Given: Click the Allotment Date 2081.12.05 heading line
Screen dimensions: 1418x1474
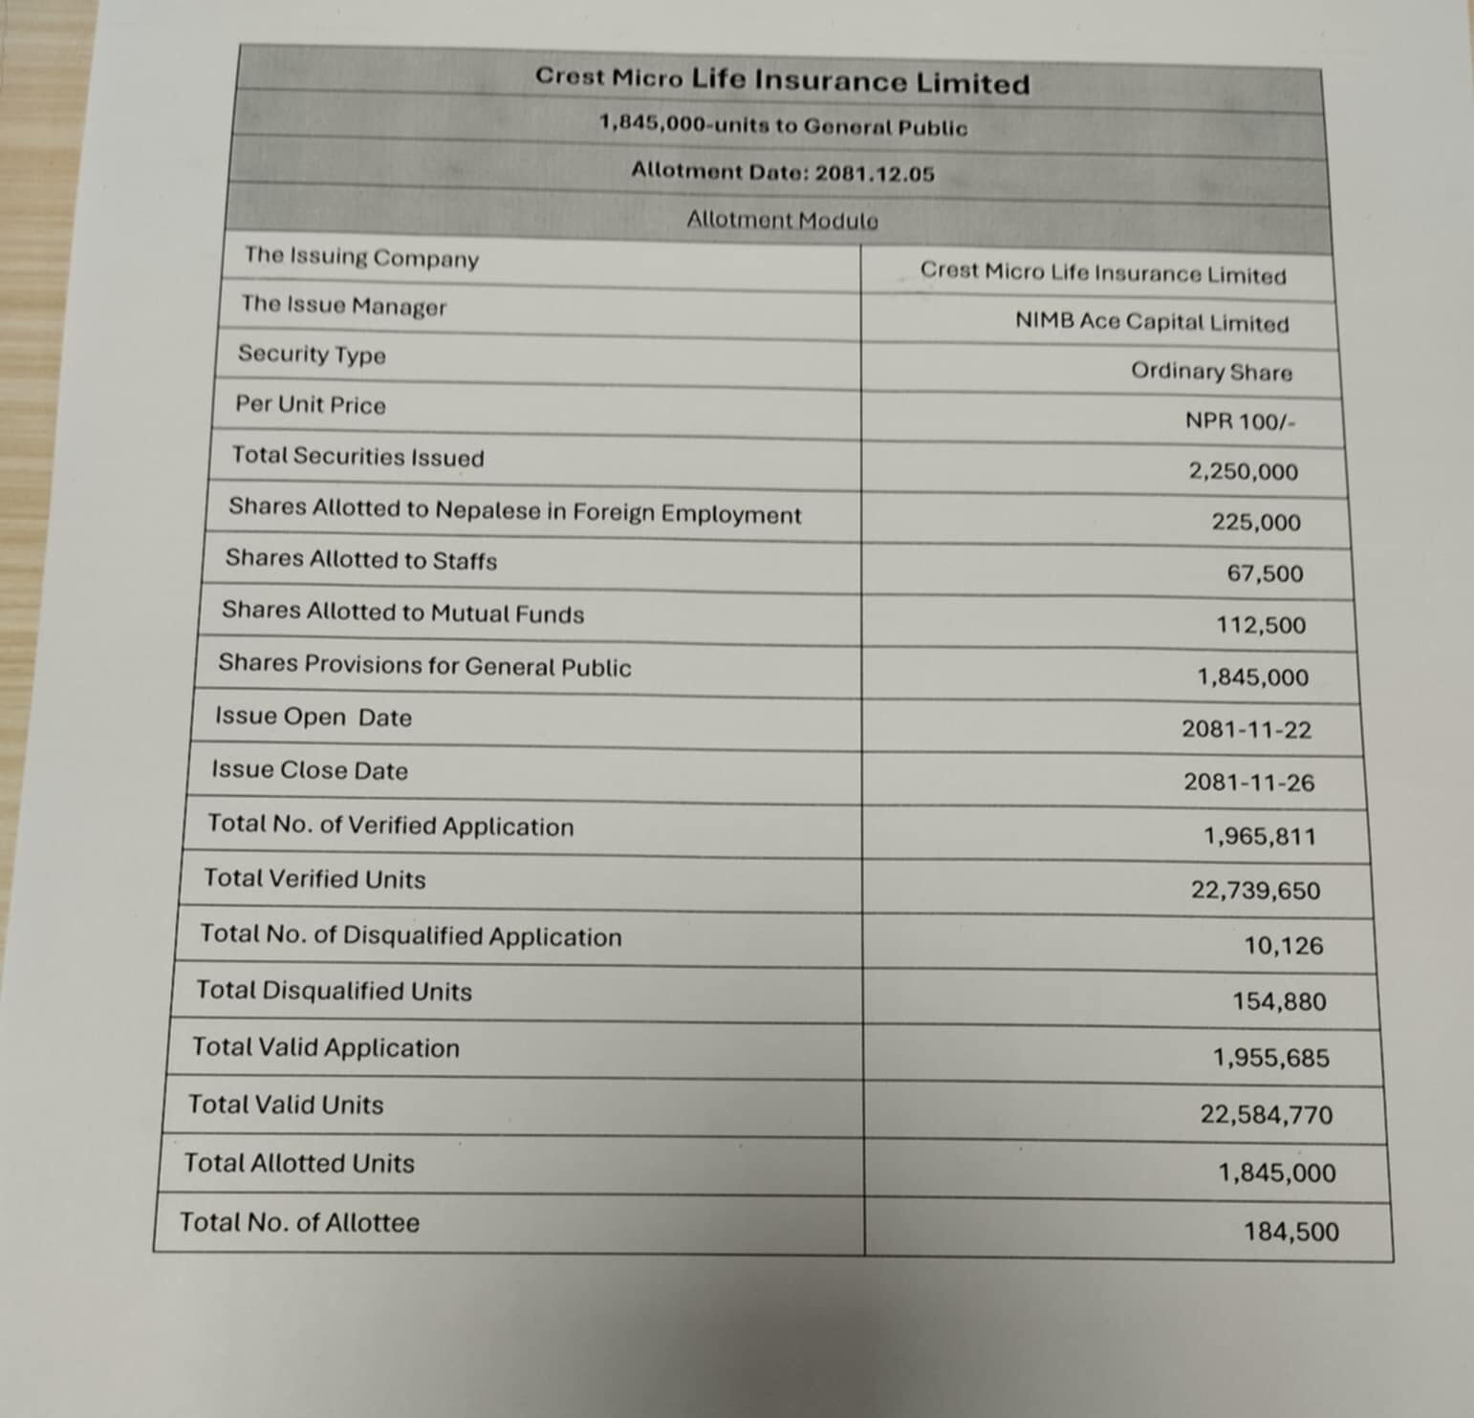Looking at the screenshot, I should [x=782, y=173].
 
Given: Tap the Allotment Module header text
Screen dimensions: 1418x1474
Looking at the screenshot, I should [x=782, y=221].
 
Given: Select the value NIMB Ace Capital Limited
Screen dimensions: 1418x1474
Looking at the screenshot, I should [x=1151, y=322].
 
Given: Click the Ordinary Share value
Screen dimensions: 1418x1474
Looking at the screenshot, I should [x=1211, y=371].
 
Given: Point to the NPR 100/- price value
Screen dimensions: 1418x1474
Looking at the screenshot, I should [x=1240, y=421].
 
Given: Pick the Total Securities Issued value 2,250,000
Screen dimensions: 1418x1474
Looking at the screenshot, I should [x=1243, y=471].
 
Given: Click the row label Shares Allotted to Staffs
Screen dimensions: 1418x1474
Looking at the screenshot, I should [x=361, y=559].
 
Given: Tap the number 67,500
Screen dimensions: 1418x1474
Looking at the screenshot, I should [x=1265, y=573].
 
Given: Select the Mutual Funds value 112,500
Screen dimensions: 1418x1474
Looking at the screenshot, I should [x=1261, y=625].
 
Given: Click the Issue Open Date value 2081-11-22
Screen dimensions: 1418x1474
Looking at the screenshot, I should [x=1246, y=729].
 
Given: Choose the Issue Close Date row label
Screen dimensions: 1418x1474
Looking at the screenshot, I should [x=310, y=770].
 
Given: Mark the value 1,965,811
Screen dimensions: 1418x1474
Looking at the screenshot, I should [x=1259, y=836].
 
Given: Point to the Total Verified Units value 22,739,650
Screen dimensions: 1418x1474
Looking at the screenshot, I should [x=1255, y=891].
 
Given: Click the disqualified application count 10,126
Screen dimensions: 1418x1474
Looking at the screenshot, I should [x=1283, y=946].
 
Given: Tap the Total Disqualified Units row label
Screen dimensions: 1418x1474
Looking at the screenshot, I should [x=335, y=991].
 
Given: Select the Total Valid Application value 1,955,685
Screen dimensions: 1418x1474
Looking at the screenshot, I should [x=1270, y=1058].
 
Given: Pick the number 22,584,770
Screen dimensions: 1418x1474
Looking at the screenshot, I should [x=1267, y=1114].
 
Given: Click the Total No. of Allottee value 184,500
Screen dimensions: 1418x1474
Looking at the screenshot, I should [x=1290, y=1232].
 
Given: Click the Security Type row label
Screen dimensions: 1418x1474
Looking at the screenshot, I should [x=312, y=354].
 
